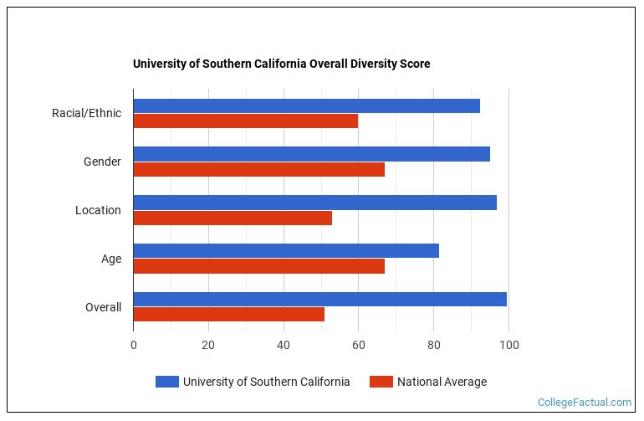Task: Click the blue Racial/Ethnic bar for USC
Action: point(306,105)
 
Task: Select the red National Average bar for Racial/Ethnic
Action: point(245,121)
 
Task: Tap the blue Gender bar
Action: point(311,154)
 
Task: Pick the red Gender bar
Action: point(258,169)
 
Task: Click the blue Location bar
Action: point(314,203)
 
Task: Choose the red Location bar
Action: point(233,218)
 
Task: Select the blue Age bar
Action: point(286,250)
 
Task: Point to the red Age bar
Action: point(258,266)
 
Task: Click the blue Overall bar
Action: point(319,299)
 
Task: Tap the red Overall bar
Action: point(228,315)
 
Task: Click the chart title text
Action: point(281,64)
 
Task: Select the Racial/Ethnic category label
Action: point(86,113)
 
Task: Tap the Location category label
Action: point(98,210)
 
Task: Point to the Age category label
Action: point(111,259)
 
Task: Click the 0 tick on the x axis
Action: point(133,345)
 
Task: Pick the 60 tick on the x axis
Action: point(358,345)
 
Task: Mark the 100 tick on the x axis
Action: point(509,345)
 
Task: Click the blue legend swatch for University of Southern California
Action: point(166,382)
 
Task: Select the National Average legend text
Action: point(442,382)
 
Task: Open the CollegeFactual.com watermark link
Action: point(584,403)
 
